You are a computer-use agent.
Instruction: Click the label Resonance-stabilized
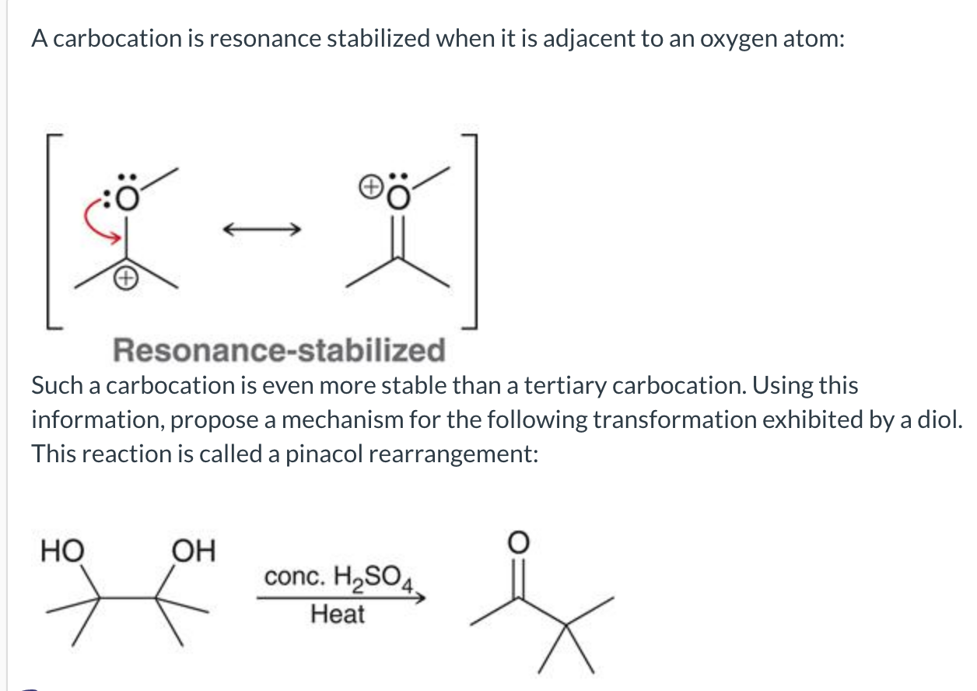point(280,350)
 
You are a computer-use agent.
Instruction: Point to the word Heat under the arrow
point(337,614)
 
